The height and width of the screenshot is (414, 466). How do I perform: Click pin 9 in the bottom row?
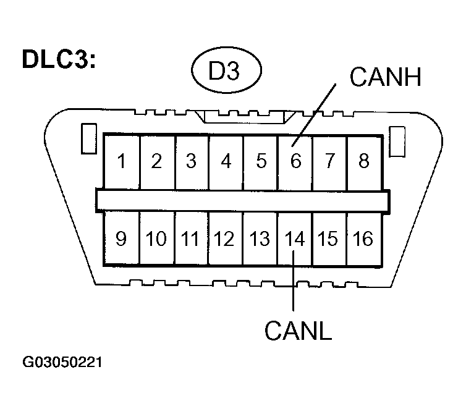pyautogui.click(x=122, y=238)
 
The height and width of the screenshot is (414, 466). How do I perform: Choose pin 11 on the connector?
pyautogui.click(x=191, y=238)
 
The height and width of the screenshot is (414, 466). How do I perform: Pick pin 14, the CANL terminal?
pyautogui.click(x=295, y=238)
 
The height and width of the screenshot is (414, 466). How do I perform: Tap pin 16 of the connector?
pyautogui.click(x=364, y=238)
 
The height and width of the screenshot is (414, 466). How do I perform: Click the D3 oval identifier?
pyautogui.click(x=224, y=72)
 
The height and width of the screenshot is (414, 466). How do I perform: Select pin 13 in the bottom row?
pyautogui.click(x=261, y=238)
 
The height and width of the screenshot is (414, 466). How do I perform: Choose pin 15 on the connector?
pyautogui.click(x=329, y=238)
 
